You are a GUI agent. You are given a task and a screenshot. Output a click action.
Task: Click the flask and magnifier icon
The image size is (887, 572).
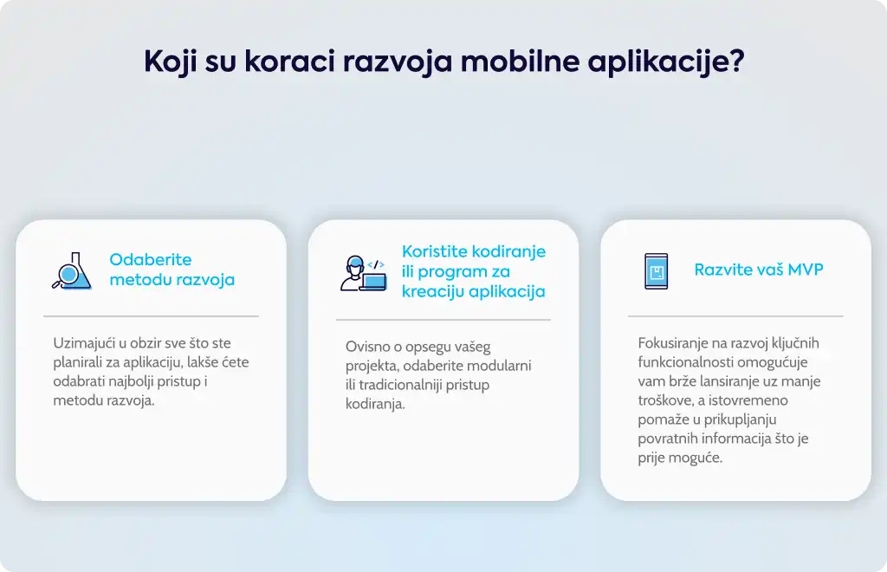72,271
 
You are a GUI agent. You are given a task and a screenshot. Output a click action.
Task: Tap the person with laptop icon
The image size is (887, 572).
364,274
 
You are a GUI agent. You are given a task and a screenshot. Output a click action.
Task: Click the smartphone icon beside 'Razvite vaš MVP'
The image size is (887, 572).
657,271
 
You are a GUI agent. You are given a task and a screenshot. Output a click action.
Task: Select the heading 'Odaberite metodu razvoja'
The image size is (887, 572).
172,270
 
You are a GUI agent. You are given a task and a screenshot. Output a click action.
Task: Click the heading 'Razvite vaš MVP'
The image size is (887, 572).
759,270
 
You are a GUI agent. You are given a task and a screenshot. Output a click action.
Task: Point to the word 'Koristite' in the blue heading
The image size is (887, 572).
435,251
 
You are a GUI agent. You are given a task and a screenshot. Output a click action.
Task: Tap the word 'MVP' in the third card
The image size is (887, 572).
806,270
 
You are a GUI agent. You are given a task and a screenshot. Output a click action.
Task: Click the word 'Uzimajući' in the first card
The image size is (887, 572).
84,343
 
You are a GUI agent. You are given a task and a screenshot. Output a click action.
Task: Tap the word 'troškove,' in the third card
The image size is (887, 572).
666,400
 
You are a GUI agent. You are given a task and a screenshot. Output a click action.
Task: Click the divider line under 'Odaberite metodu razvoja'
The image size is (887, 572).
151,316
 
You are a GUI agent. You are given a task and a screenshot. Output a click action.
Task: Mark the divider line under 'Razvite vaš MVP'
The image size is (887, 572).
735,316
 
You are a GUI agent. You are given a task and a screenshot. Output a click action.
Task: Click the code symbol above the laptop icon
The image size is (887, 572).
376,264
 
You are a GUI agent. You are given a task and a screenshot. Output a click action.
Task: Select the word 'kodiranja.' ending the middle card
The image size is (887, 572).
376,404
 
